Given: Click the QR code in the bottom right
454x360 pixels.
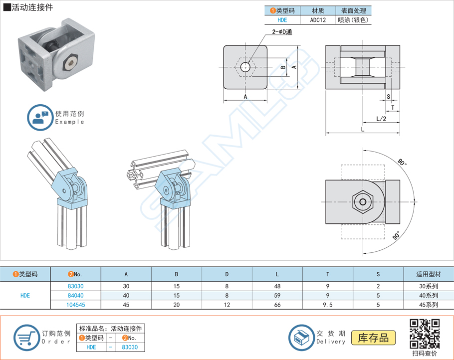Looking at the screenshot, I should [425, 334].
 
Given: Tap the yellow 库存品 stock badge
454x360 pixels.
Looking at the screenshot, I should [374, 338].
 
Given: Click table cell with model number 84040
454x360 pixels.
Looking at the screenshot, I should [75, 296].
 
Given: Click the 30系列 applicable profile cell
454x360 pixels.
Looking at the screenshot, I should [429, 286].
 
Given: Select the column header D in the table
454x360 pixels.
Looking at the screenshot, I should [227, 274].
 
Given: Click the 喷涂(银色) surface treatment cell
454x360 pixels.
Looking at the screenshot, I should [353, 20].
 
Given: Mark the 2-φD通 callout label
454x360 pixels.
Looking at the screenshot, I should [282, 32].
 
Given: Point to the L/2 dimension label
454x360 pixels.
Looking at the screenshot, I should [381, 119].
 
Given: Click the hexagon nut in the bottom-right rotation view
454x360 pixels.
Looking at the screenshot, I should [363, 202].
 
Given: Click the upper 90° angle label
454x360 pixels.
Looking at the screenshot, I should [402, 163].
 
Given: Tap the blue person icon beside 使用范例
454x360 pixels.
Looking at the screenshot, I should [39, 117].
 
